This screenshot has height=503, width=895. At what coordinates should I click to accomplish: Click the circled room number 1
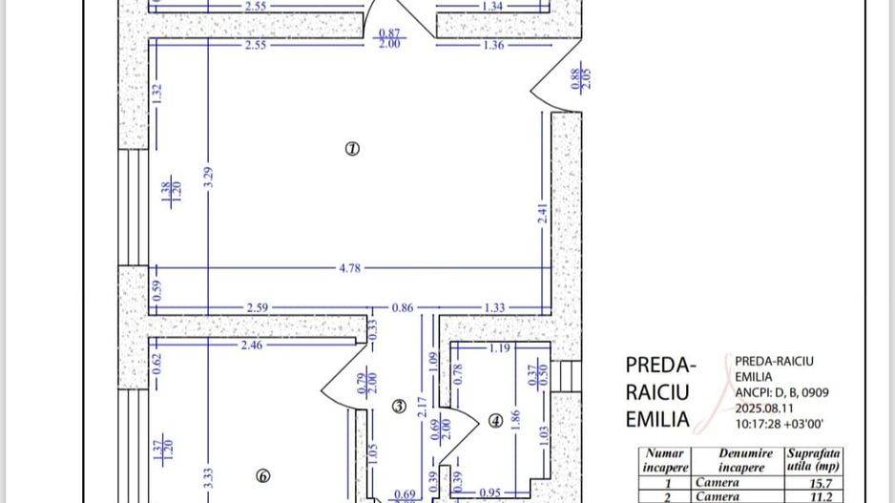coord(352,148)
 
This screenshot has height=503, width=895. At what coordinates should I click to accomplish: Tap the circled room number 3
coord(400,407)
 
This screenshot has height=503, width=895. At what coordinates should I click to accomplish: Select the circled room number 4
coord(495,419)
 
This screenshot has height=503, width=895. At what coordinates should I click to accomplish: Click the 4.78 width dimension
coord(350,268)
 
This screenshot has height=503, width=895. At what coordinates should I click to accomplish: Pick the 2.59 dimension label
coord(257,308)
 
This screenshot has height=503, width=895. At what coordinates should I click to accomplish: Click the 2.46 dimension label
coord(251,345)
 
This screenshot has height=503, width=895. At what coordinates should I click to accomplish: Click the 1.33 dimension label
coord(494,308)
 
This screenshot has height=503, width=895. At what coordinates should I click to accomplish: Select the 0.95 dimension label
coord(489,493)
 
